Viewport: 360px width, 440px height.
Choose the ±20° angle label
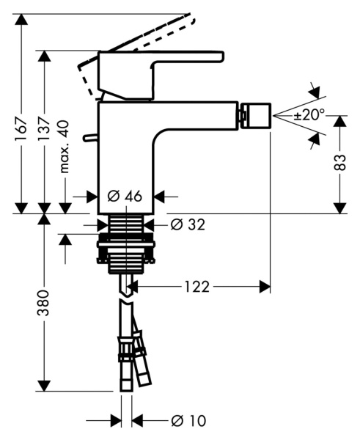coord(309,115)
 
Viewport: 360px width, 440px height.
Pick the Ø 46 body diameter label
coord(125,197)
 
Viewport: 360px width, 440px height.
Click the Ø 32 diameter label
coord(187,224)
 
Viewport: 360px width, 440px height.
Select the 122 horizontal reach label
coord(196,287)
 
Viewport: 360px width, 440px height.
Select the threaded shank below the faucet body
coord(125,227)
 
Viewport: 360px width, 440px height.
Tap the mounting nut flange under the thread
coord(125,253)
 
